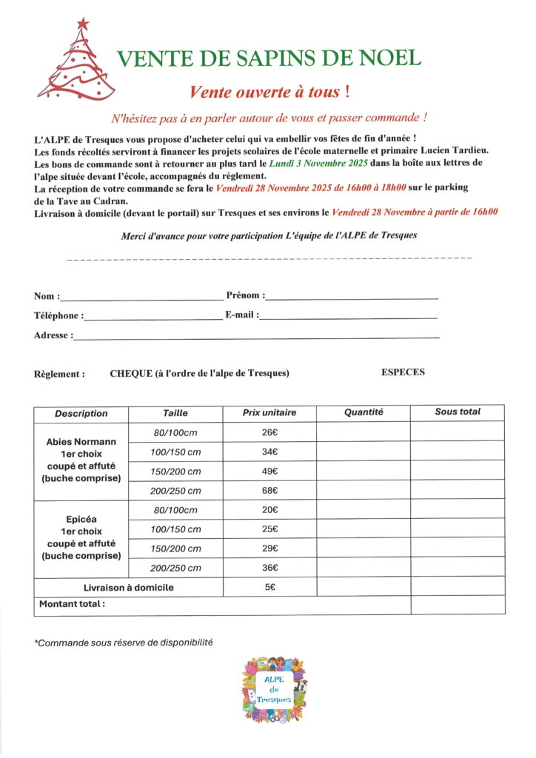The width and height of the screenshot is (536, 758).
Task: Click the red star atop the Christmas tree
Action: click(x=82, y=24)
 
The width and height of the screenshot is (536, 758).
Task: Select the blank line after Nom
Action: click(x=141, y=298)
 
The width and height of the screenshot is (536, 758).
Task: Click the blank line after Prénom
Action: click(x=352, y=298)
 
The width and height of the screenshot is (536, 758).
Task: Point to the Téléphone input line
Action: click(x=152, y=318)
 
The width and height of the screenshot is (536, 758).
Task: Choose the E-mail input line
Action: click(x=348, y=317)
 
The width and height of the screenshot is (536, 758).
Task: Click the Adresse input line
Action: click(x=255, y=337)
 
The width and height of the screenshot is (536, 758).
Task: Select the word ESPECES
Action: click(x=403, y=372)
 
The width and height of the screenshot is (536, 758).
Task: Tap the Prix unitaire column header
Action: click(x=269, y=412)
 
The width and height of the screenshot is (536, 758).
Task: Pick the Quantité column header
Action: click(x=364, y=412)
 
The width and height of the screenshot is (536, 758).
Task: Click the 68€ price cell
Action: click(x=269, y=490)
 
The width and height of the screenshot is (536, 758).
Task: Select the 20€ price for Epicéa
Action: click(x=269, y=510)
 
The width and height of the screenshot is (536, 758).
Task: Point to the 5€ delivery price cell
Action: click(x=269, y=587)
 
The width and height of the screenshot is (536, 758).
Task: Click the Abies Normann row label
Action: click(x=81, y=442)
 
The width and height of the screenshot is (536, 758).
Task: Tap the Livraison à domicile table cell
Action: click(x=128, y=587)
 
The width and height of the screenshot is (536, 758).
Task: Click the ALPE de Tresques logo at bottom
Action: click(x=275, y=690)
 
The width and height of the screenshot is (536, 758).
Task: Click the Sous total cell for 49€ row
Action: click(x=458, y=471)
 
